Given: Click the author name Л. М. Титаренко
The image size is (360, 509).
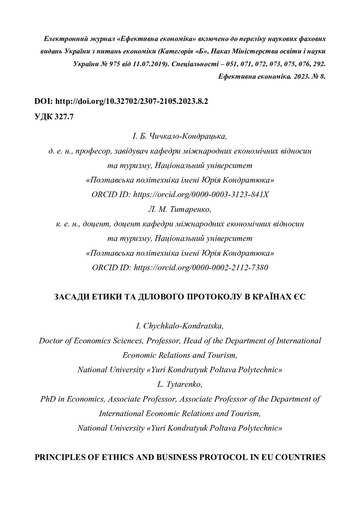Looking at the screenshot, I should tap(180, 209).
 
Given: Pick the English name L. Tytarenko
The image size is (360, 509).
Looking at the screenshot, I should tap(180, 384).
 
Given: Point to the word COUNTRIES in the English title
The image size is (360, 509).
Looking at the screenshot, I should tap(298, 457).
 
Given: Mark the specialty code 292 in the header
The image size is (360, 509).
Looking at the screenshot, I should tap(318, 64).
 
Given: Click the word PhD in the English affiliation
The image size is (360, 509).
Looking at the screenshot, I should tap(48, 399).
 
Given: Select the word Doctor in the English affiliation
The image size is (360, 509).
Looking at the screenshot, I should tap(50, 341).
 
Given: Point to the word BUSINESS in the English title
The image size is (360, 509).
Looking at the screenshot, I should tap(174, 457).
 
